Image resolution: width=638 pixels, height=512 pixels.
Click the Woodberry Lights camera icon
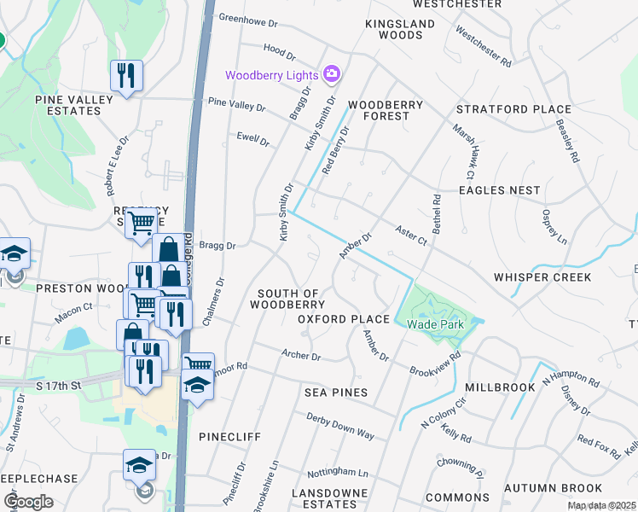pyautogui.click(x=332, y=75)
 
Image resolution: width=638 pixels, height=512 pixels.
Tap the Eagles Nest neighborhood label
pyautogui.click(x=499, y=190)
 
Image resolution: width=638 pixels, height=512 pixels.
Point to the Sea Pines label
pyautogui.click(x=336, y=393)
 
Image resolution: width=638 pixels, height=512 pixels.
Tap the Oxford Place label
pyautogui.click(x=343, y=319)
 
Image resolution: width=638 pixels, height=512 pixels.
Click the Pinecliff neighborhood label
pyautogui.click(x=229, y=436)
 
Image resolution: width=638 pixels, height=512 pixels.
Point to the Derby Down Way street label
pyautogui.click(x=341, y=428)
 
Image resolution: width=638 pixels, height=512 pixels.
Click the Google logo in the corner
pyautogui.click(x=28, y=502)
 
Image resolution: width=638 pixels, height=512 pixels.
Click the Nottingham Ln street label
pyautogui.click(x=339, y=472)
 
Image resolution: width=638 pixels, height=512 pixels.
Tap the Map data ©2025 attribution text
pyautogui.click(x=601, y=506)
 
